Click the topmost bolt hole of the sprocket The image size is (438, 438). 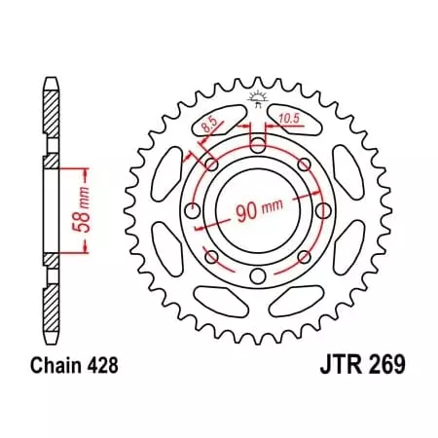pyautogui.click(x=257, y=147)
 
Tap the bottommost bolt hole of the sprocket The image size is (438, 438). pyautogui.click(x=257, y=276)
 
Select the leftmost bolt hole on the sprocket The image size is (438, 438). pyautogui.click(x=193, y=211)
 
